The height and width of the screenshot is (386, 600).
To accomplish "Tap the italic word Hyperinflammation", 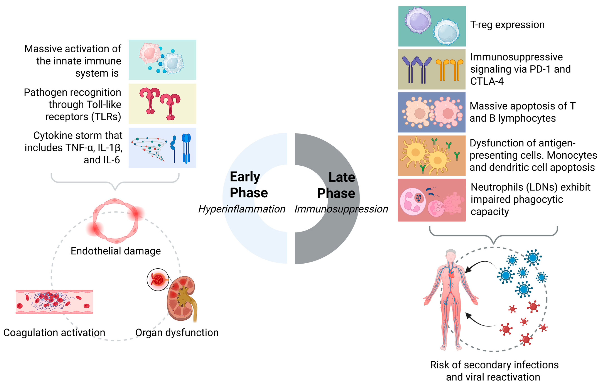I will coord(242,209).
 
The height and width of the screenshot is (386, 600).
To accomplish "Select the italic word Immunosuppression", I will coord(341,209).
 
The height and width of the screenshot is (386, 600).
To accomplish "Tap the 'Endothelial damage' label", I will coord(116,251).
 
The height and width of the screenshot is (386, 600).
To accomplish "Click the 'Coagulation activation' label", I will coord(54,333).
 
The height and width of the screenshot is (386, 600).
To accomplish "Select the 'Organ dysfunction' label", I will coord(177,333).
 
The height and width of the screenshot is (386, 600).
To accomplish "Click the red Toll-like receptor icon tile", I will coord(162,103).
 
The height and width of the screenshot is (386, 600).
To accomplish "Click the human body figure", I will coord(451,301).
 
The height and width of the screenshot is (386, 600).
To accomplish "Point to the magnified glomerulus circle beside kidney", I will coord(158,279).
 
